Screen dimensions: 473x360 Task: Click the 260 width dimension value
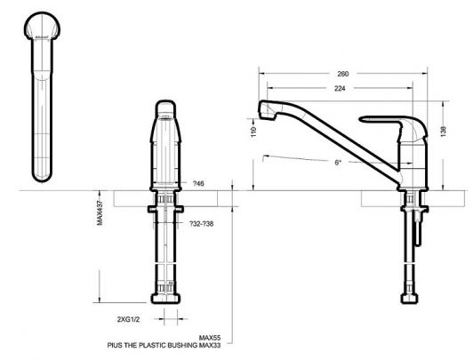343,74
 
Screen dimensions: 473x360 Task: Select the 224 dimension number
340,88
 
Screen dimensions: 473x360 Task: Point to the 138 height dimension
443,132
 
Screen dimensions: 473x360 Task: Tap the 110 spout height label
253,132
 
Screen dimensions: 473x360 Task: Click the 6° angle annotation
338,162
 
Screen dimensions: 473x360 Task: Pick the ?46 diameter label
198,183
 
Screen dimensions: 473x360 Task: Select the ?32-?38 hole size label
201,224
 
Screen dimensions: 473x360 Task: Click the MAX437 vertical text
100,212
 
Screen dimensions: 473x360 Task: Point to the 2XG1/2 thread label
128,319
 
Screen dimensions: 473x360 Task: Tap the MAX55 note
210,338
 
